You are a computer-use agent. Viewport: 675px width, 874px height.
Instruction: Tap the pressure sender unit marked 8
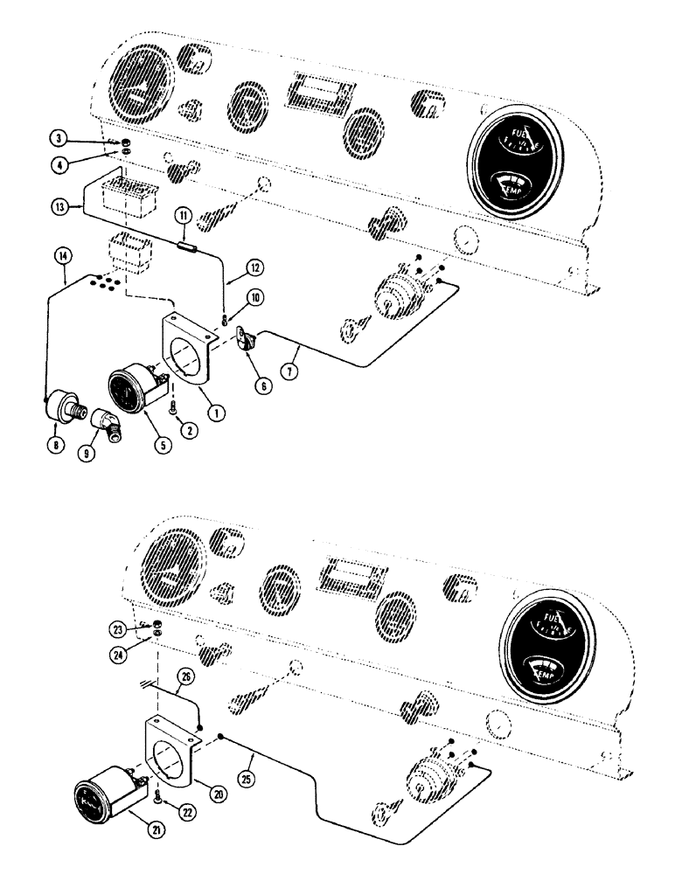62,403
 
